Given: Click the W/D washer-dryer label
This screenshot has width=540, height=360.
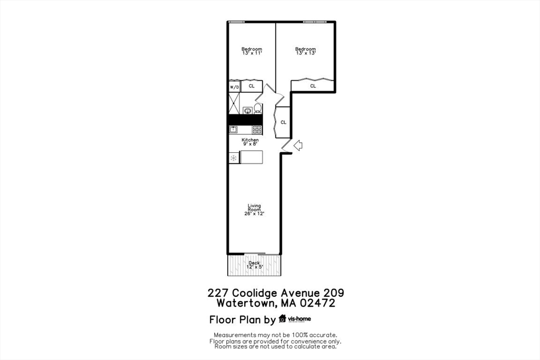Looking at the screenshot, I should click(x=234, y=86).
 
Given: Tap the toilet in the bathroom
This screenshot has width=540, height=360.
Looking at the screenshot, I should click(x=257, y=109).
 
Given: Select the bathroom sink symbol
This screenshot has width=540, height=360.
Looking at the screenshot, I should click(x=247, y=110).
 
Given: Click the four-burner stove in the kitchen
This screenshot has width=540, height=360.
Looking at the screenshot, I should click(x=257, y=129).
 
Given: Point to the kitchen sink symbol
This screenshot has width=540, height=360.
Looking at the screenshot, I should click(x=233, y=129).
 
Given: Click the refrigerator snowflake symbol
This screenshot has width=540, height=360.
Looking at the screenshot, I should click(x=234, y=157).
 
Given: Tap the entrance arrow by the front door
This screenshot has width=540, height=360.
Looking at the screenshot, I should click(x=297, y=145).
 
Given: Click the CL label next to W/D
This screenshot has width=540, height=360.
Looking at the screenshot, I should click(x=252, y=86).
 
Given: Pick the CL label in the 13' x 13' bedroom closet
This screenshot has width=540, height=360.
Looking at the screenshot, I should click(x=313, y=86).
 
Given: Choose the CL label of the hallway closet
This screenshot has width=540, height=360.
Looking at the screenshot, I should click(x=283, y=122).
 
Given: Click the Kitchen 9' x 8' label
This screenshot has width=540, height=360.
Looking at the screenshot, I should click(x=250, y=142).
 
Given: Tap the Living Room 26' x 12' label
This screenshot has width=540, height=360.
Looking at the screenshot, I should click(x=255, y=209).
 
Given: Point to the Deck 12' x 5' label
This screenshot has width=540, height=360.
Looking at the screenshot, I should click(x=254, y=265).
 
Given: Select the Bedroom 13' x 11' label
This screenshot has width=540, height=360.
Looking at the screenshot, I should click(x=252, y=51).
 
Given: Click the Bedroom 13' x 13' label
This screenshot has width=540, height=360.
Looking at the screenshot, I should click(x=305, y=51).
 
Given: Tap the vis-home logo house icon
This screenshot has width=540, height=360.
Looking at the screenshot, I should click(x=283, y=318).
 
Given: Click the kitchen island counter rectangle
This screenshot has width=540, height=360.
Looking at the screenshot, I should click(x=252, y=157).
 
